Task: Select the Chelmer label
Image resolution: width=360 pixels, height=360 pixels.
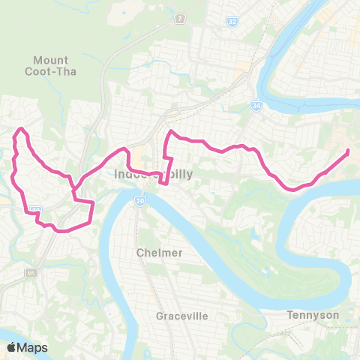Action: click(x=160, y=253)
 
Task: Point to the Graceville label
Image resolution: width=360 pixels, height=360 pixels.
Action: click(x=181, y=316)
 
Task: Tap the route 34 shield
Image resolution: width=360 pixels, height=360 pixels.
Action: click(x=256, y=106)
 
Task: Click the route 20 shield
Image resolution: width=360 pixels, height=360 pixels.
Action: click(x=140, y=201)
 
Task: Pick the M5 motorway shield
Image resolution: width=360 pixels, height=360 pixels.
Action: click(x=31, y=272)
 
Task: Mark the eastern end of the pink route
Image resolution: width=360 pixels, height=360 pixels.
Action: click(x=349, y=152)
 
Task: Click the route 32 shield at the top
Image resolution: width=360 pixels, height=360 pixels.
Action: click(x=232, y=24)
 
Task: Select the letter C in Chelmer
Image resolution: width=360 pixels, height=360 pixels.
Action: click(x=140, y=253)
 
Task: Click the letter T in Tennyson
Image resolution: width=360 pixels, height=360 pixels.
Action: click(x=290, y=315)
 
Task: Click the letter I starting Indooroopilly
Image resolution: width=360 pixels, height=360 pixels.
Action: click(x=117, y=175)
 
